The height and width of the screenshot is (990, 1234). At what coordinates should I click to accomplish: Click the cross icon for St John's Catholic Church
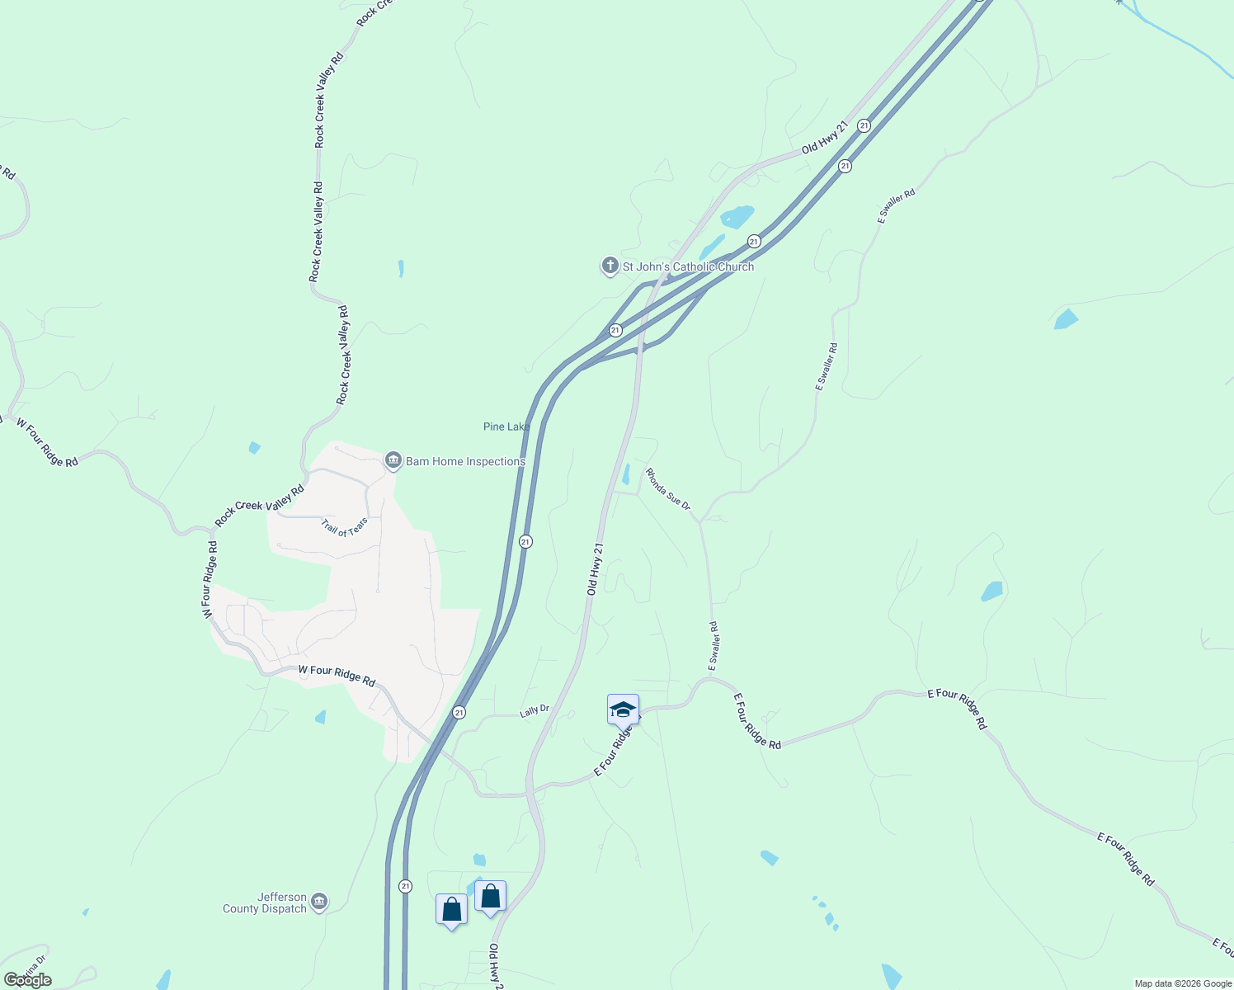(x=610, y=266)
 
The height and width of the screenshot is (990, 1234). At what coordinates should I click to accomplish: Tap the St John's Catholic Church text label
(x=688, y=266)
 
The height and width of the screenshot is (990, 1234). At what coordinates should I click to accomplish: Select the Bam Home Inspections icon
(x=393, y=460)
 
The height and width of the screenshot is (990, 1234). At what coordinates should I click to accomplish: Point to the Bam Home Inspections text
(x=465, y=461)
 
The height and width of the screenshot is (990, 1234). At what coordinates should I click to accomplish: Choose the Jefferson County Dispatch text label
(x=265, y=903)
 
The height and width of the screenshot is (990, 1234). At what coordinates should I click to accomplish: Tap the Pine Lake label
(x=506, y=427)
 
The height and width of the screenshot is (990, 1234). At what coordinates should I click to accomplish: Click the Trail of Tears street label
(x=344, y=527)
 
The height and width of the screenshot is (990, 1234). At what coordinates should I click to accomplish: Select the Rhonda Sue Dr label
(x=667, y=488)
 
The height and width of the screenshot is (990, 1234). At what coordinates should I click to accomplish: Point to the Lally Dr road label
(x=535, y=709)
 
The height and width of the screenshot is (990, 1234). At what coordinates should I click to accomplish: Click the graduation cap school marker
(x=623, y=709)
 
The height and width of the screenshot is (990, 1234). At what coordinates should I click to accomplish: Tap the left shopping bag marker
(x=451, y=909)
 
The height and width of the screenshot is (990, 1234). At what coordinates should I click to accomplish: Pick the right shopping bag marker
(x=490, y=896)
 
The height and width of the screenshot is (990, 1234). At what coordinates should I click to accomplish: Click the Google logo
(x=27, y=980)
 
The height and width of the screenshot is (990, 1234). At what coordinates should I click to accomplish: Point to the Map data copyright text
(x=1183, y=983)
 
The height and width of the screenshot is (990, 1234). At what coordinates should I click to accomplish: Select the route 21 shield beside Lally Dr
(x=459, y=712)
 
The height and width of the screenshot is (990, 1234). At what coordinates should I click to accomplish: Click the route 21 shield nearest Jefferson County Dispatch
(x=405, y=886)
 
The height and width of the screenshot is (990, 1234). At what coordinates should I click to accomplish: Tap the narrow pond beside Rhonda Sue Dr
(x=626, y=474)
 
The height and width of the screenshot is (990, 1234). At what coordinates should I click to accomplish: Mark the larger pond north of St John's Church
(x=737, y=216)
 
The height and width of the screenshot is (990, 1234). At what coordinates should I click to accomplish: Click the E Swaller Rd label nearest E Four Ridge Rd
(x=714, y=645)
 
